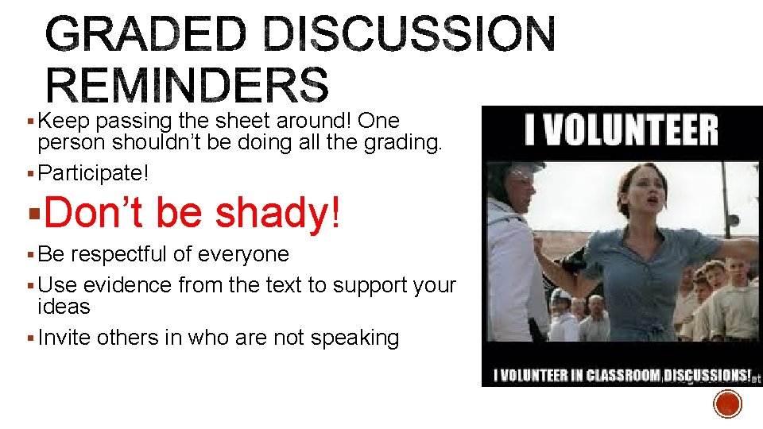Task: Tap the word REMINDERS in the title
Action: click(x=188, y=85)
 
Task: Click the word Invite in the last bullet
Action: click(x=65, y=338)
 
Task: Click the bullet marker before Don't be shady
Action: click(x=30, y=213)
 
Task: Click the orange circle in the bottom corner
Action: click(x=727, y=404)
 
